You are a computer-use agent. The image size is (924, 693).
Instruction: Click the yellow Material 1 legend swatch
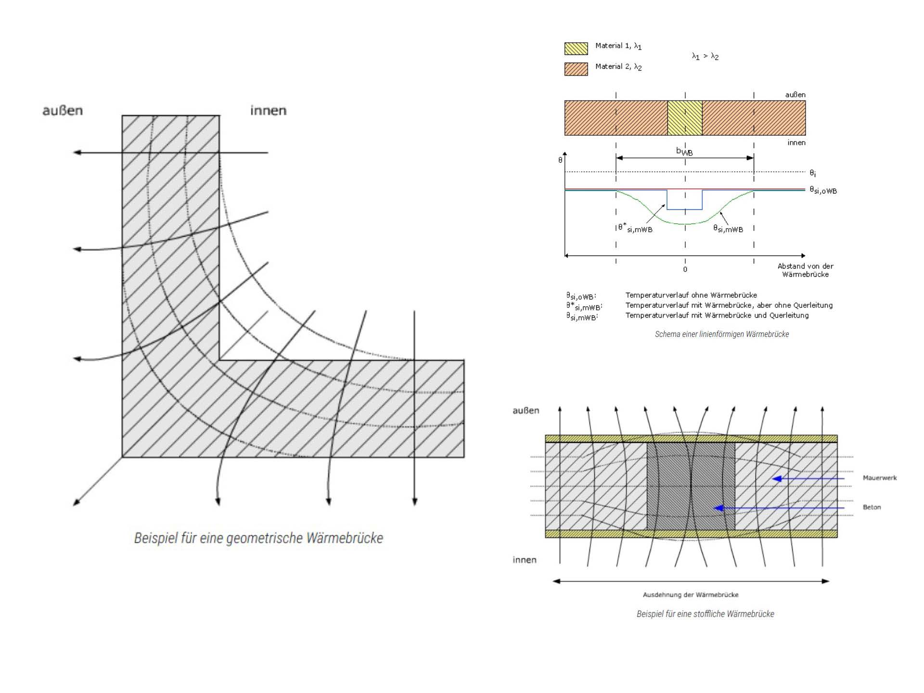click(x=576, y=48)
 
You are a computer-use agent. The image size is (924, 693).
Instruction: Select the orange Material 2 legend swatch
click(x=576, y=69)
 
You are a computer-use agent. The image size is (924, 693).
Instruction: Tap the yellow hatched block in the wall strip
click(x=685, y=118)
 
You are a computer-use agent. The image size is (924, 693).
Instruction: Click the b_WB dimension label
click(x=684, y=152)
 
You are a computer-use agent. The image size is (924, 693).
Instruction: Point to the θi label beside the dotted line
click(x=812, y=173)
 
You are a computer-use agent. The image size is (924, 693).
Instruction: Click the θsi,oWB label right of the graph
click(x=823, y=191)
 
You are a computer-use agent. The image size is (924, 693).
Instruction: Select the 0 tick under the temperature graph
click(x=685, y=269)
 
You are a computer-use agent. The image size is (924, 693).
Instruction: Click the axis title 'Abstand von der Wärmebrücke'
click(x=806, y=270)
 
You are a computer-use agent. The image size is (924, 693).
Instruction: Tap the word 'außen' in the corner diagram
click(x=63, y=111)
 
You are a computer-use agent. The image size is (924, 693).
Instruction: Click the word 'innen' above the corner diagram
click(x=268, y=111)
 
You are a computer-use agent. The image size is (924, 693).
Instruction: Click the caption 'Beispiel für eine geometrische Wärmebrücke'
click(x=258, y=538)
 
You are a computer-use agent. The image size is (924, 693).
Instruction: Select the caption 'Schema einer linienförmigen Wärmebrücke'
click(x=722, y=334)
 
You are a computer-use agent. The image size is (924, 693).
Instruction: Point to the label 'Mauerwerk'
click(x=880, y=478)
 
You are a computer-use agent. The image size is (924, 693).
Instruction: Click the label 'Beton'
click(x=872, y=507)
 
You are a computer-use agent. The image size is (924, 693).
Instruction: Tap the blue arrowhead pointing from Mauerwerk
click(x=777, y=479)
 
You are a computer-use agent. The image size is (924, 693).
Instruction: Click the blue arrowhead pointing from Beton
click(x=719, y=508)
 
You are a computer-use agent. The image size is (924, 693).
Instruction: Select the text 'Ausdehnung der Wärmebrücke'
click(x=691, y=595)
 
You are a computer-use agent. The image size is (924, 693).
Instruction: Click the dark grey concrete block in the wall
click(x=691, y=486)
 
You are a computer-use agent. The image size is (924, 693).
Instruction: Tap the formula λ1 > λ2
click(x=705, y=56)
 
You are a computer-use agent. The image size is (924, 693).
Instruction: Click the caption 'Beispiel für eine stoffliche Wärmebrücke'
click(x=706, y=614)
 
